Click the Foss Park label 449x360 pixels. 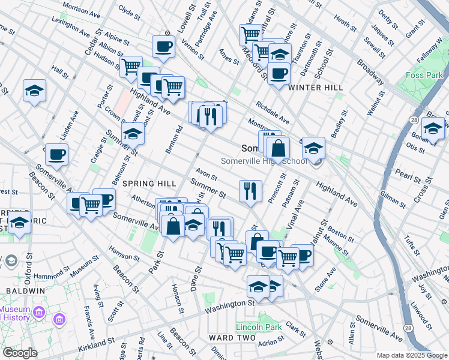[x=424, y=76]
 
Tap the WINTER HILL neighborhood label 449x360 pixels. [x=315, y=88]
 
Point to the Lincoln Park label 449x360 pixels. [x=259, y=328]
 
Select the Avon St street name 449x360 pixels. [x=206, y=175]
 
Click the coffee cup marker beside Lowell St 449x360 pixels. [x=163, y=46]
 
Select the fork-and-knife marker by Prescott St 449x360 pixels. [x=250, y=191]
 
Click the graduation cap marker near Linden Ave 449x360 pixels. [x=34, y=91]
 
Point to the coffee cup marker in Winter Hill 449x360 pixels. [x=279, y=74]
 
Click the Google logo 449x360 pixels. [x=20, y=353]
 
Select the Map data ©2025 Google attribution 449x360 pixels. [x=411, y=355]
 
